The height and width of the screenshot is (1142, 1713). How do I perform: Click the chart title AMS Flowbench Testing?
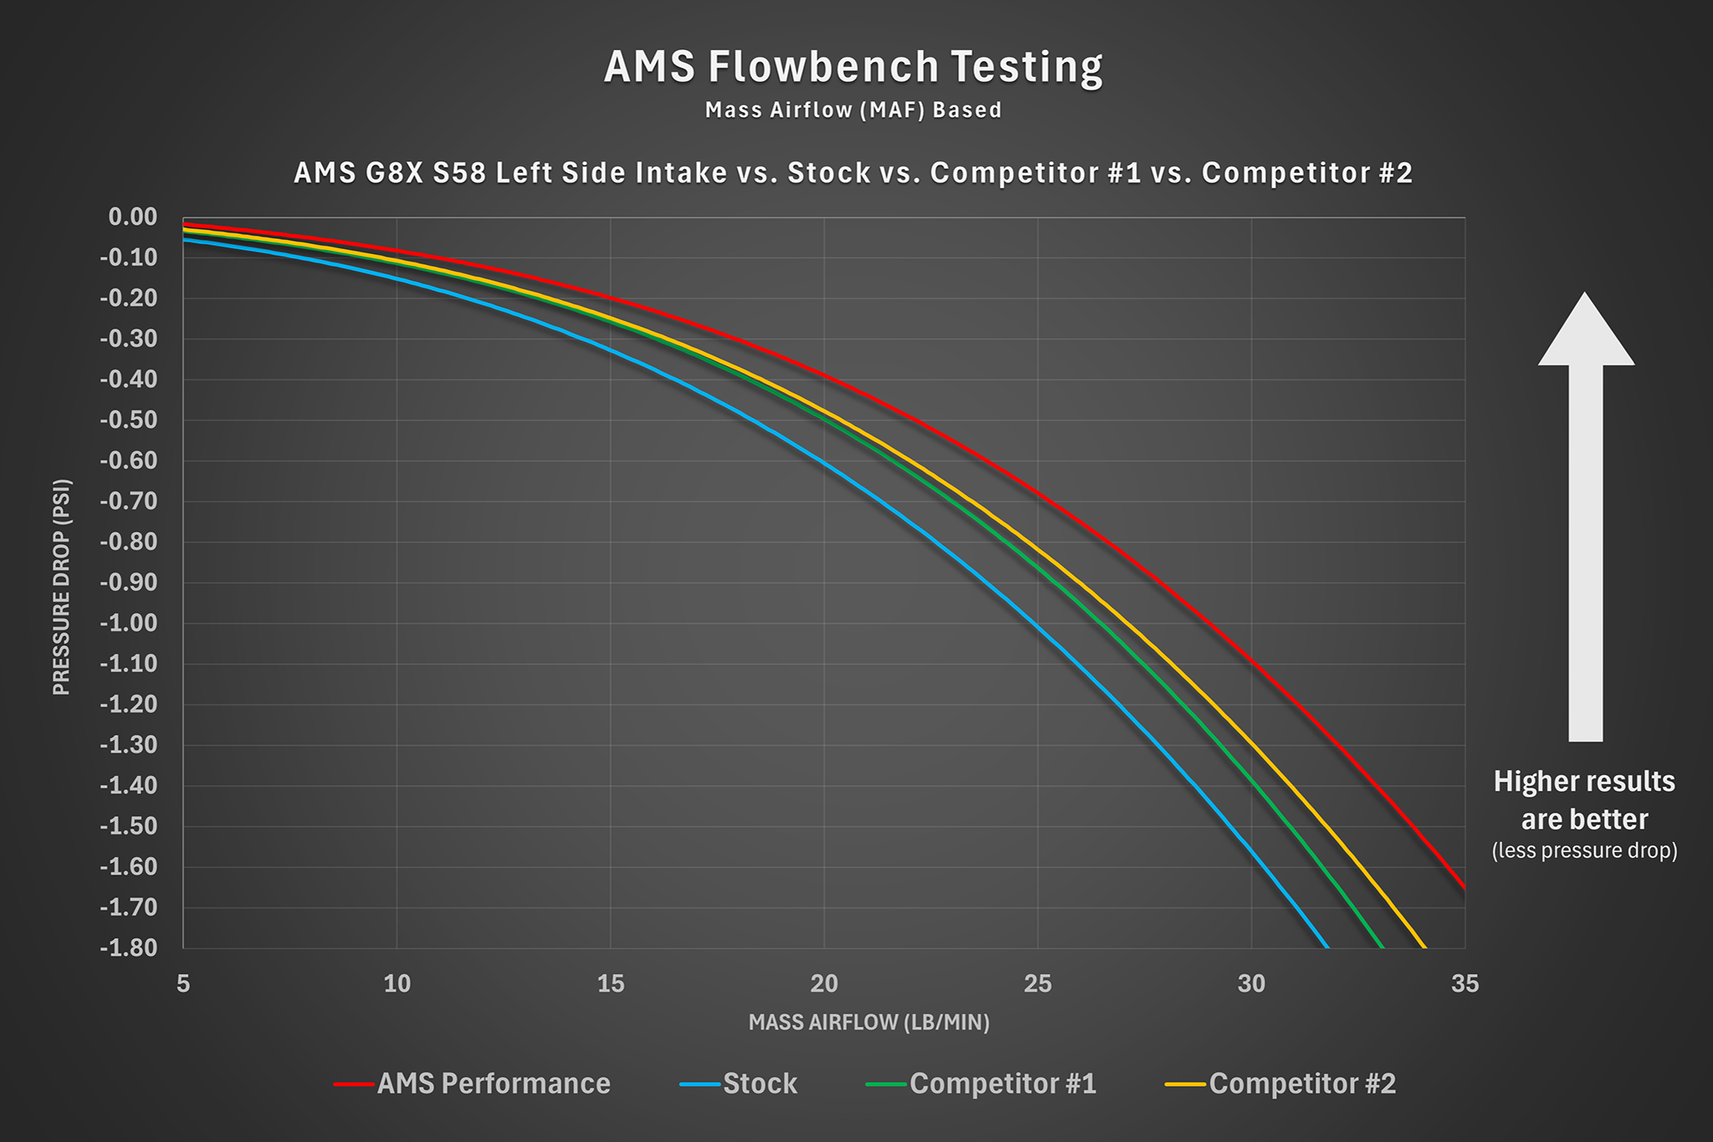point(853,67)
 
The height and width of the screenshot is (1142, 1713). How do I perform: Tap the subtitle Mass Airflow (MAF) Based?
point(853,110)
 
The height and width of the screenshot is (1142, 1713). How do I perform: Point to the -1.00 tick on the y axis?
point(129,623)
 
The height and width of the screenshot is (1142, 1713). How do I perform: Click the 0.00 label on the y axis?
point(133,217)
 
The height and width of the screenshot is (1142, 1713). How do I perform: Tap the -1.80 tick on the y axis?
point(129,947)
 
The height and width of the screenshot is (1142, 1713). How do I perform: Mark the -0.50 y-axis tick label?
point(129,420)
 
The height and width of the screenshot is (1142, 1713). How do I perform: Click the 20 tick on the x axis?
point(824,984)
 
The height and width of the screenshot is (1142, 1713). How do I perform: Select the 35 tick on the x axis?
point(1465,984)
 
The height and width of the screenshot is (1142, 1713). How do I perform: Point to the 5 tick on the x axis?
point(183,984)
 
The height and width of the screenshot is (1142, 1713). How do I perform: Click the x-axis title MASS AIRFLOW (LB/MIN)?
point(869,1022)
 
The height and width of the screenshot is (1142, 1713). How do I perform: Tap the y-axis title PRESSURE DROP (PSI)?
point(62,586)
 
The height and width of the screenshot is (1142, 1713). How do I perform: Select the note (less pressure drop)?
point(1585,851)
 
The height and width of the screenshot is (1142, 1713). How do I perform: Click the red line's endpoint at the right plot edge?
point(1464,888)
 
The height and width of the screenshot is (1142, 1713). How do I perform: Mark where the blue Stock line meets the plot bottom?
point(1327,946)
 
